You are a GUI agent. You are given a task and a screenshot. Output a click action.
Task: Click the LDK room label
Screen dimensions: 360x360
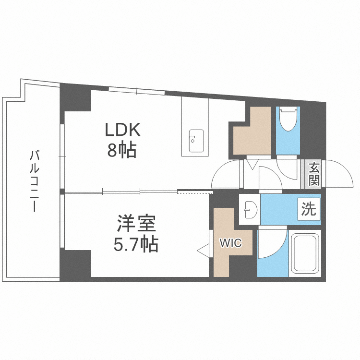coord(122,130)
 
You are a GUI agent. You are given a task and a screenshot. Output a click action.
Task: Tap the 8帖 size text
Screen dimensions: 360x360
coord(122,151)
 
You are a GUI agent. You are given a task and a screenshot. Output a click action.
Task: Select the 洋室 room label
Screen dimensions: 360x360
coord(136,225)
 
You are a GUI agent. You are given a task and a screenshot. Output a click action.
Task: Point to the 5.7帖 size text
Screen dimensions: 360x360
coord(136,245)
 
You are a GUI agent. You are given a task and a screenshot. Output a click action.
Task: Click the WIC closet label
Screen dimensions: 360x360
coord(230,243)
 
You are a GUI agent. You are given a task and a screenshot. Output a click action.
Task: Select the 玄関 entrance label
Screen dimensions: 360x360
coord(314,174)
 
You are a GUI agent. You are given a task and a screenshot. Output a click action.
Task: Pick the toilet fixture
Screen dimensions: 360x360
coord(288,120)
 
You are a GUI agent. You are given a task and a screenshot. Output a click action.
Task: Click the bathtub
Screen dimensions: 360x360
coord(305,254)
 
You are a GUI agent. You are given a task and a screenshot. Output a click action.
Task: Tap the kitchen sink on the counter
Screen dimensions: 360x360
coord(196,141)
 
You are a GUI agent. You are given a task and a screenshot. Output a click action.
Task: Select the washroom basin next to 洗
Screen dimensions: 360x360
coord(250,209)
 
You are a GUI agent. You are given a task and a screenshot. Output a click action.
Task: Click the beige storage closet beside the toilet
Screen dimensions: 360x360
coord(252,132)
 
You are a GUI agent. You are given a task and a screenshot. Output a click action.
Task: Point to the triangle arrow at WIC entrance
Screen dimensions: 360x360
coord(203,250)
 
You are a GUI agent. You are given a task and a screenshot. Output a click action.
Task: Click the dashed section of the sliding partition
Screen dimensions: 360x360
coord(194,192)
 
